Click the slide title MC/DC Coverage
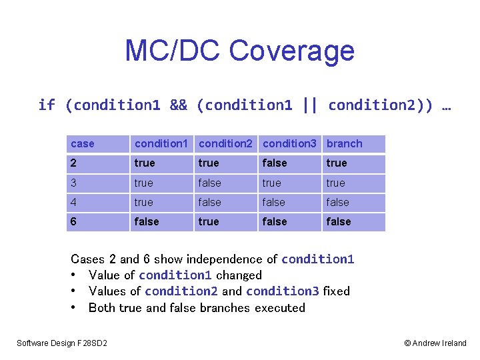239,51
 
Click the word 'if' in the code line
47,105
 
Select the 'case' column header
83,144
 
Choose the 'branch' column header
344,144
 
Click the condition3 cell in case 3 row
272,183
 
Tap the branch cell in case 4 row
338,203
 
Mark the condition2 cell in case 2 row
209,163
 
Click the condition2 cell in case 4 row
210,203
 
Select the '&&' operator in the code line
179,105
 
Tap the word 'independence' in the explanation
224,259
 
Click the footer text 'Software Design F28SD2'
62,343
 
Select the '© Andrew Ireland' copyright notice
435,343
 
